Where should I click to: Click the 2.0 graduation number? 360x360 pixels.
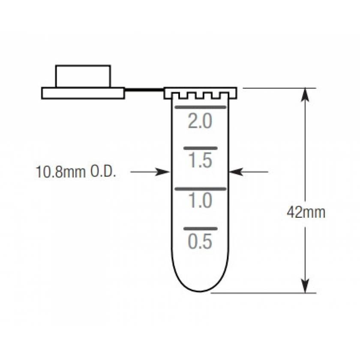(x=200, y=122)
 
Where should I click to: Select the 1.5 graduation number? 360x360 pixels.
(x=200, y=161)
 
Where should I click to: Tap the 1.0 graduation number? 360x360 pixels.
(x=200, y=201)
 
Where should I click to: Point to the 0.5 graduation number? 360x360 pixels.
(x=200, y=242)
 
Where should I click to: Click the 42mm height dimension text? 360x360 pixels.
(x=306, y=212)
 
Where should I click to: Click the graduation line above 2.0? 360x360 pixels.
(x=199, y=106)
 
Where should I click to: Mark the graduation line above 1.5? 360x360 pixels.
(x=200, y=148)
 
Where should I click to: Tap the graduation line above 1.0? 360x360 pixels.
(x=199, y=189)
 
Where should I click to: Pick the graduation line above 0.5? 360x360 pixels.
(x=200, y=229)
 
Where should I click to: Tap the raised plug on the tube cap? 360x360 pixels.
(x=83, y=76)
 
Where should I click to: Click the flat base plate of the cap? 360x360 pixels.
(x=83, y=93)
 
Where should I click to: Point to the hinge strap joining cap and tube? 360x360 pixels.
(x=144, y=90)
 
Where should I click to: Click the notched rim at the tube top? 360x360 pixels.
(x=200, y=93)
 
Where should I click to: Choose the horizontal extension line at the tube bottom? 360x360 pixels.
(x=264, y=293)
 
